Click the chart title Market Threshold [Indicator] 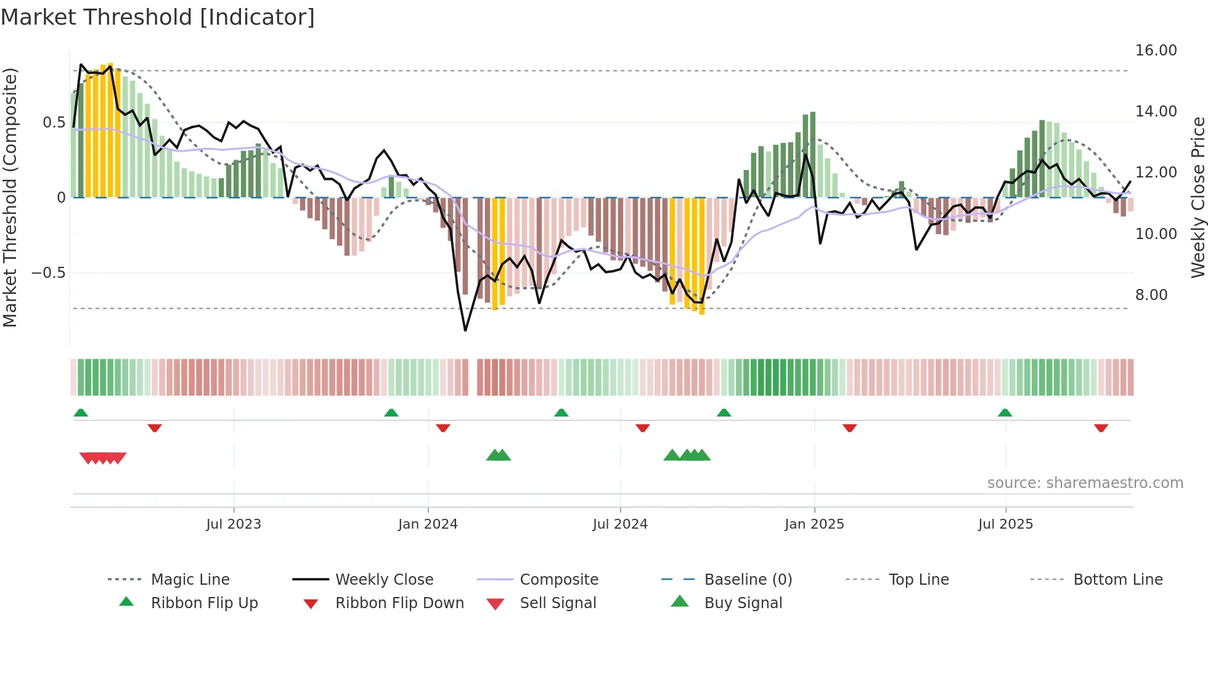(x=158, y=17)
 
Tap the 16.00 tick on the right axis (x=1156, y=51)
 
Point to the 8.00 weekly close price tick (x=1151, y=295)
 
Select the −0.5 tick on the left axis (x=48, y=273)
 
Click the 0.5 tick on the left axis (x=54, y=123)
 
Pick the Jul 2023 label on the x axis (x=234, y=524)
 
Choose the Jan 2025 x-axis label (x=814, y=524)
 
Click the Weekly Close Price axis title (x=1197, y=197)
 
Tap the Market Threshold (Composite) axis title (x=10, y=197)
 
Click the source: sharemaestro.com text (x=1085, y=483)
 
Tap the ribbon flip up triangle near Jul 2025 (x=1005, y=413)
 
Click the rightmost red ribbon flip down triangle (x=1101, y=428)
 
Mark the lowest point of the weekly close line (x=465, y=331)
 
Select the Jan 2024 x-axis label (x=428, y=524)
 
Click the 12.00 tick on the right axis (x=1156, y=173)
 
